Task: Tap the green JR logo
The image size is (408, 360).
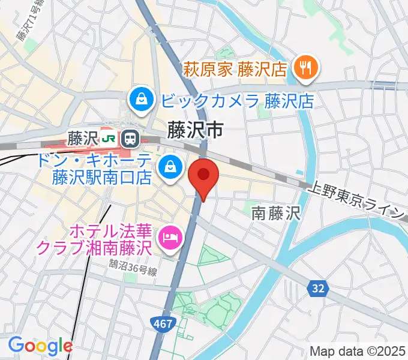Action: [x=109, y=139]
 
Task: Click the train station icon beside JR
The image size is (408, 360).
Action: [x=129, y=139]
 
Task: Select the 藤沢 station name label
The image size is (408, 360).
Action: [x=83, y=139]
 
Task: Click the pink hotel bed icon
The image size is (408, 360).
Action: [x=171, y=238]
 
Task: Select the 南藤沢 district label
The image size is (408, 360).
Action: [x=274, y=212]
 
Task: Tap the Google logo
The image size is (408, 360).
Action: [x=40, y=345]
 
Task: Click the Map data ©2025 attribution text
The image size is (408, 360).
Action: [x=356, y=351]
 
